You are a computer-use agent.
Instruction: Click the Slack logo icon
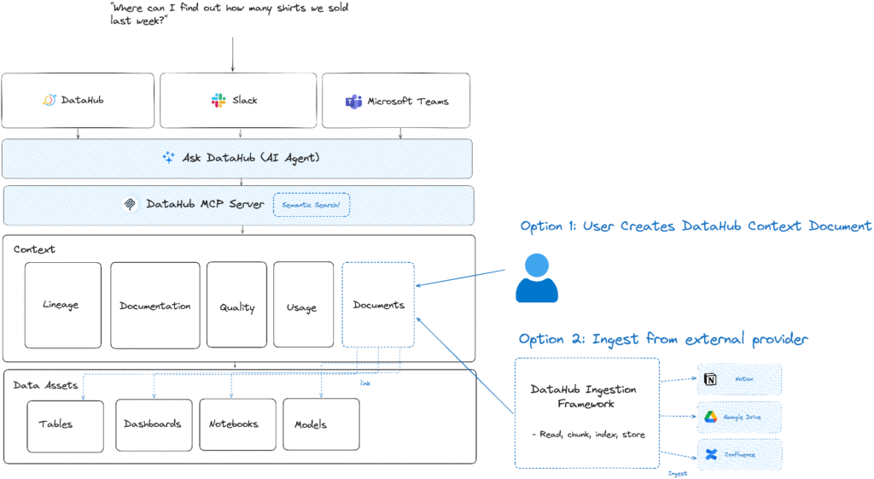coord(218,101)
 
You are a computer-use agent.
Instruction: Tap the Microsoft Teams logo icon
coord(353,102)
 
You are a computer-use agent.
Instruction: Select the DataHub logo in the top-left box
coord(49,101)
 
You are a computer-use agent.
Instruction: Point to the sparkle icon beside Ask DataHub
coord(168,157)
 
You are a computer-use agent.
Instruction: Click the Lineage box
coord(62,305)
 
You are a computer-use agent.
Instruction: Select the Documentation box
coord(154,305)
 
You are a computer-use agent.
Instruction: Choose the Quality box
coord(236,305)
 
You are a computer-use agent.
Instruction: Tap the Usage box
coord(302,305)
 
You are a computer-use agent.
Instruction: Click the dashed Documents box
coord(378,304)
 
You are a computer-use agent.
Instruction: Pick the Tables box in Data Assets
coord(65,424)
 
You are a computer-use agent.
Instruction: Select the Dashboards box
coord(152,424)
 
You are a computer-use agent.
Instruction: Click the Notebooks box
coord(234,424)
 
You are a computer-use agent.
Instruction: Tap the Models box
coord(320,424)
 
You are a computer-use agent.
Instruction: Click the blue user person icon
coord(536,278)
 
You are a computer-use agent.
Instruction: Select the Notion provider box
coord(739,378)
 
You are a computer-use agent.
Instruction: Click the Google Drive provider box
coord(739,418)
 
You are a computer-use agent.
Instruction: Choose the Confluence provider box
coord(739,454)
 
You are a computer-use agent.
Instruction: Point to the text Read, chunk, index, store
coord(587,435)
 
